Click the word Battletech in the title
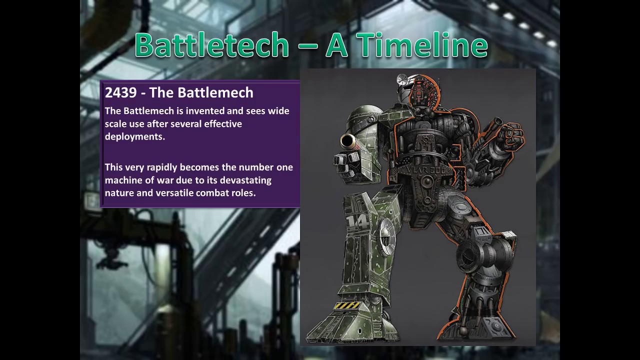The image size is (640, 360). (212, 45)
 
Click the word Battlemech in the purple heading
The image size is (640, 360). (219, 92)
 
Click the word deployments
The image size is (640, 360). (134, 136)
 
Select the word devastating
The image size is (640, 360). (245, 180)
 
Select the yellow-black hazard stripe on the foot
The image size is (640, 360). (347, 305)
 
